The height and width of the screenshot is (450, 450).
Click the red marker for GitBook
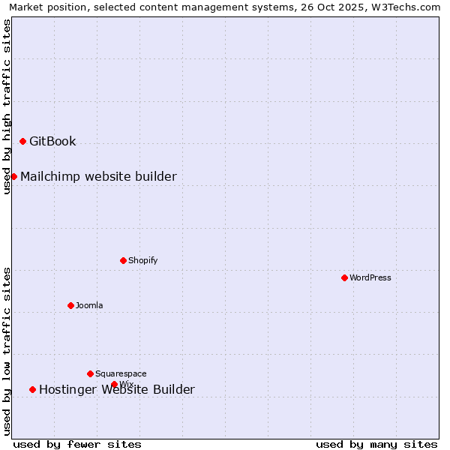pos(22,141)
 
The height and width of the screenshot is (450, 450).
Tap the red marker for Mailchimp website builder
pos(13,176)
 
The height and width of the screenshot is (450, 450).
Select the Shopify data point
pos(123,260)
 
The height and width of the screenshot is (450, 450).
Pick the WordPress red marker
pos(344,277)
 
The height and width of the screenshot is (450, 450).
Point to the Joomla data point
pos(70,305)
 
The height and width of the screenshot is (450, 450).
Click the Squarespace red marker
pos(90,373)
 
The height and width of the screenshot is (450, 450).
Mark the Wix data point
pos(114,384)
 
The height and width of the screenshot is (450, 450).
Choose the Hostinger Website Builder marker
pos(32,389)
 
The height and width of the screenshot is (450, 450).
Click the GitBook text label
pos(52,141)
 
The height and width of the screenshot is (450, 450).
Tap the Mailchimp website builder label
pos(98,176)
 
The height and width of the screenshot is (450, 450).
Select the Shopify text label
pos(142,260)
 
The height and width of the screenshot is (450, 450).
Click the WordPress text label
pos(370,277)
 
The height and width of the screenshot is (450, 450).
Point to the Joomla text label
pos(89,305)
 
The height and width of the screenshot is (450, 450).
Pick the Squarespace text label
pos(121,373)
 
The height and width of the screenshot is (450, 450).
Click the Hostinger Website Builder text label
pos(116,389)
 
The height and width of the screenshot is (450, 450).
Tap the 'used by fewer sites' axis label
pos(77,444)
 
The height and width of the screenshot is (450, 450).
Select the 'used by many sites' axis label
pos(376,444)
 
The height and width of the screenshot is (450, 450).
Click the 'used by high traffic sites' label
pos(7,106)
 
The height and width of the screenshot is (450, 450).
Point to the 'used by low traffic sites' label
pos(7,351)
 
